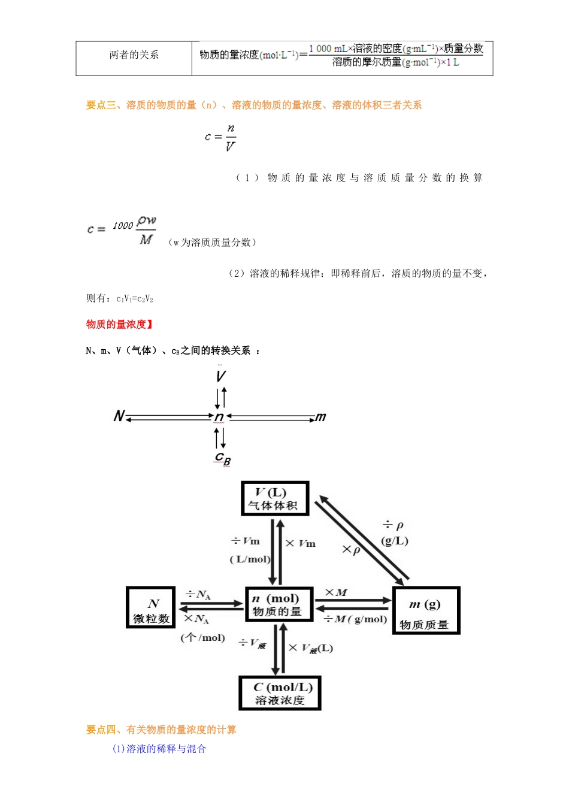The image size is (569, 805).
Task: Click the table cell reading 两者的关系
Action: click(x=134, y=55)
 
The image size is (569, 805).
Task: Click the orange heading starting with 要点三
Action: click(x=253, y=105)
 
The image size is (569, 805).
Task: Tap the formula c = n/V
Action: click(x=220, y=137)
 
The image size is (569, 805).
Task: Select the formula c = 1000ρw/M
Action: click(x=122, y=229)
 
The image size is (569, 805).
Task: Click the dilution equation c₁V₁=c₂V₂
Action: click(x=135, y=298)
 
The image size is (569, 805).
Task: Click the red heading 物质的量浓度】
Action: click(x=120, y=324)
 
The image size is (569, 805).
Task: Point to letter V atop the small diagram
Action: click(x=220, y=376)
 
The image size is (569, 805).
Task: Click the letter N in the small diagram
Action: click(x=119, y=416)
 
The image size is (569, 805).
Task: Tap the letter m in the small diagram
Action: click(x=321, y=417)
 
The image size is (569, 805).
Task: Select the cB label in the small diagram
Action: click(x=222, y=458)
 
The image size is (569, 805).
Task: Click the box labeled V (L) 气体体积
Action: click(x=274, y=498)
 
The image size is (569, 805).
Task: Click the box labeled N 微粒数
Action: click(x=151, y=607)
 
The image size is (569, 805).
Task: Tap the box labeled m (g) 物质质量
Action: click(x=425, y=610)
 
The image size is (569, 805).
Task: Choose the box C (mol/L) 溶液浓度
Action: click(x=280, y=693)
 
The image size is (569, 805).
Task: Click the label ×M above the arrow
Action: click(x=335, y=592)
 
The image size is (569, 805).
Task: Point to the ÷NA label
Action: click(x=198, y=594)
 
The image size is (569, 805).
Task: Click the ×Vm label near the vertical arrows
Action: click(x=300, y=543)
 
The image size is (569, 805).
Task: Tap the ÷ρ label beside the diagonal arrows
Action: click(x=393, y=525)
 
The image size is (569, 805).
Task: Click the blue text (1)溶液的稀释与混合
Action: click(x=159, y=749)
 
